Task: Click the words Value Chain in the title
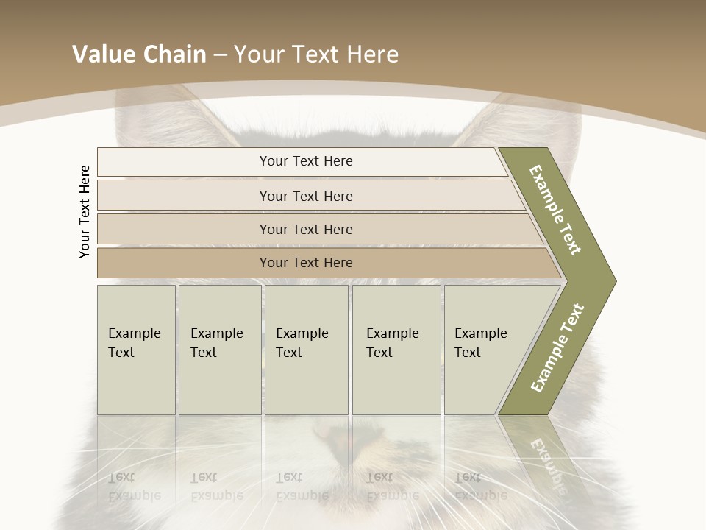139,54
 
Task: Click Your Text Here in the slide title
316,54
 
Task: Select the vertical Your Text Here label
85,212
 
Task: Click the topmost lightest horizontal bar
305,161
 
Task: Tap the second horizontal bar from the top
305,196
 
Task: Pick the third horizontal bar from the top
305,229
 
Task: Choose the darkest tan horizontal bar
305,263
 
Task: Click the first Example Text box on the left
136,349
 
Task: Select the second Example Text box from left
219,349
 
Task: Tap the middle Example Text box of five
306,349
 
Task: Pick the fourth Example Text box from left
396,349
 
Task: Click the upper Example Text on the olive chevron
556,210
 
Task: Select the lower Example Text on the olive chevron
557,348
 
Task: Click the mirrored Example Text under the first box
134,486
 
